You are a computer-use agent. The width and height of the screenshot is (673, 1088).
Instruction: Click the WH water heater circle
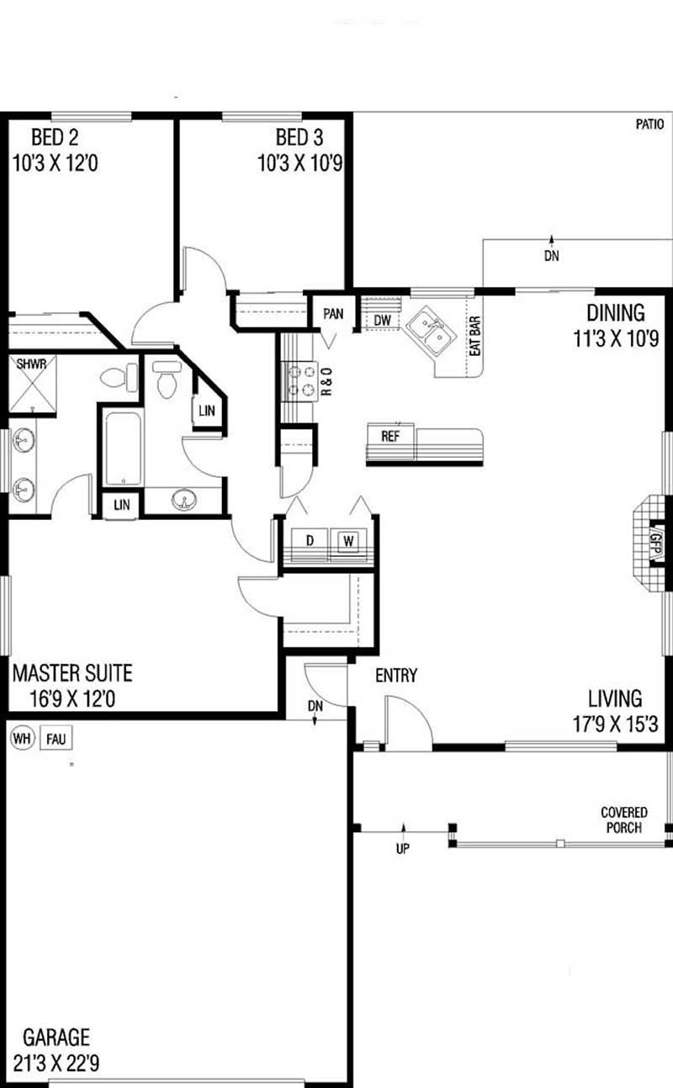[x=23, y=739]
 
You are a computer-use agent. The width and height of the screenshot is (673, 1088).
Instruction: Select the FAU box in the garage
[x=56, y=739]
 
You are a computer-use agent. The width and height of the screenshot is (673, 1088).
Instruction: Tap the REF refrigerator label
[x=389, y=436]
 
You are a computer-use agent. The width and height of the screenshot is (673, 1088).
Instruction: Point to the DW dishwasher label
[x=382, y=320]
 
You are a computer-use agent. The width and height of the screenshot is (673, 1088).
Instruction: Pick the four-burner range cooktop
[x=300, y=381]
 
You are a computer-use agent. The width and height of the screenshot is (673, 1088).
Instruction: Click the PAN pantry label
[x=333, y=314]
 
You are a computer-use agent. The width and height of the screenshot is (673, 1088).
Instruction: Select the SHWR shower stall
[x=32, y=384]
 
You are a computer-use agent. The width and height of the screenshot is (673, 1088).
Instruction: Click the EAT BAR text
[x=475, y=336]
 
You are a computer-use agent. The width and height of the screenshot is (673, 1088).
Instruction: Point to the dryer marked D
[x=310, y=543]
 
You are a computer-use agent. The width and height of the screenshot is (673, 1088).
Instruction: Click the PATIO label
[x=649, y=124]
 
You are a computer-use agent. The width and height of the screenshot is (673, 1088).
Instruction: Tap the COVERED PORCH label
[x=624, y=820]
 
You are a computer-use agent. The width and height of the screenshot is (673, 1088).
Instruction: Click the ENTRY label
[x=396, y=675]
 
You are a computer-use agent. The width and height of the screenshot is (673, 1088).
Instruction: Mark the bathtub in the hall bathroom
[x=124, y=448]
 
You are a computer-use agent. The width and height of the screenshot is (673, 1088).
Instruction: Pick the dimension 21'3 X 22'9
[x=56, y=1063]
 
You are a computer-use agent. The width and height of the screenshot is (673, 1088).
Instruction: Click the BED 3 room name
[x=299, y=137]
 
